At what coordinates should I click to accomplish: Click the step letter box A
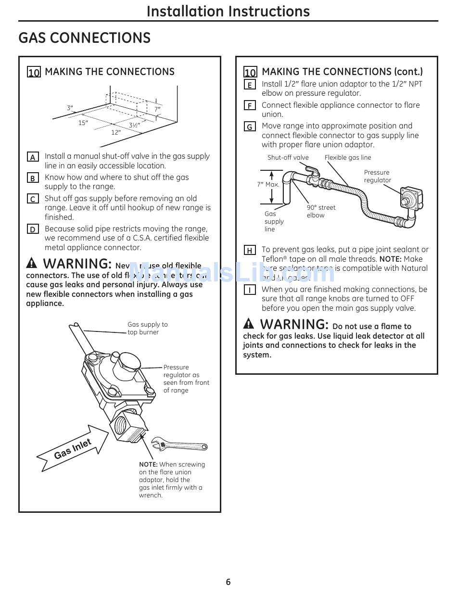click(33, 157)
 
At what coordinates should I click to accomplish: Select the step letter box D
click(33, 229)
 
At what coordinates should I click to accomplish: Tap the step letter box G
click(250, 127)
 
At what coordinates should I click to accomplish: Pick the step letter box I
click(250, 290)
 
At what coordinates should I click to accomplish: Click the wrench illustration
click(179, 444)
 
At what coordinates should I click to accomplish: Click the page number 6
click(228, 582)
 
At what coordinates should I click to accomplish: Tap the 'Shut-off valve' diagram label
click(288, 157)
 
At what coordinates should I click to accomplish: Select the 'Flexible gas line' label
click(348, 157)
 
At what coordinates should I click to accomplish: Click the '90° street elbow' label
click(321, 211)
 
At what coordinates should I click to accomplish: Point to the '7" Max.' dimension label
click(268, 184)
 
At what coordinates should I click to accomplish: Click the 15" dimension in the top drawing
click(83, 123)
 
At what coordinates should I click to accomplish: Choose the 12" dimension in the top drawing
click(116, 132)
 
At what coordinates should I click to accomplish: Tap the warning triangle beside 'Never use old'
click(32, 263)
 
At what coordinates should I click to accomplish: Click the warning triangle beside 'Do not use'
click(249, 323)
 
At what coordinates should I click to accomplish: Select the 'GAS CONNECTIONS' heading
click(84, 38)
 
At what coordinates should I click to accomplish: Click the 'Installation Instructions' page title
click(228, 11)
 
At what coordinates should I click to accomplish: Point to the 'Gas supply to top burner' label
click(147, 328)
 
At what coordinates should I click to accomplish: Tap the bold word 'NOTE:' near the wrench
click(148, 464)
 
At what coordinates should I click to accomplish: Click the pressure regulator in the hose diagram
click(408, 198)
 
